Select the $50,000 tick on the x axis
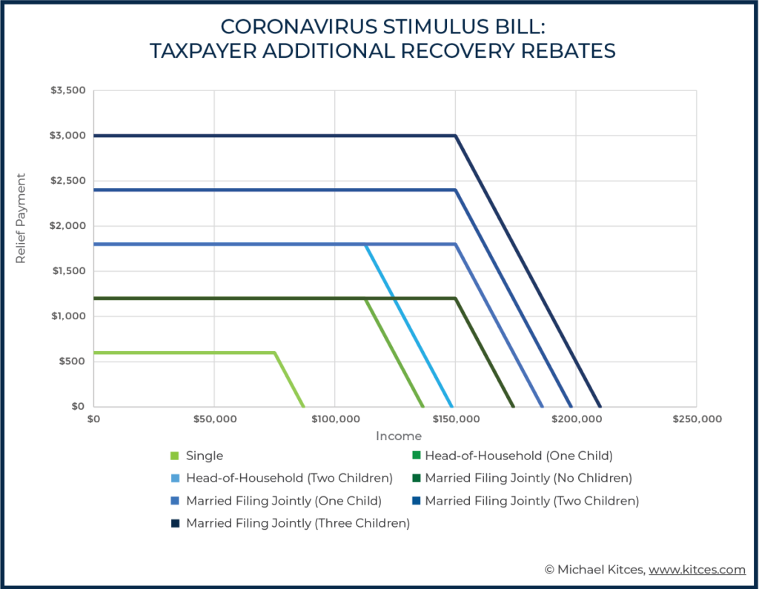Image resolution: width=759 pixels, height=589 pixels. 214,419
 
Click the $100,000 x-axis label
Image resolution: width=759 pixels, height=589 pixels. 335,419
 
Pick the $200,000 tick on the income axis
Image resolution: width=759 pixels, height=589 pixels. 577,419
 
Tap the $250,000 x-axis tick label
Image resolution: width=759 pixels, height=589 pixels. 697,419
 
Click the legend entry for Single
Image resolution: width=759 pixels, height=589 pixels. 205,456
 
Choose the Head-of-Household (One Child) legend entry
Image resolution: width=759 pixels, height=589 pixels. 518,455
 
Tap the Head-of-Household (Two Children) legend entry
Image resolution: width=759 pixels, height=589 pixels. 289,478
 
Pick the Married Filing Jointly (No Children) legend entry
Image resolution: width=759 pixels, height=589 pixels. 528,478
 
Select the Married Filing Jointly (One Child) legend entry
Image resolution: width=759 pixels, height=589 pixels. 283,501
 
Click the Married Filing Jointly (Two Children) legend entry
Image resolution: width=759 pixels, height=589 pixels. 531,501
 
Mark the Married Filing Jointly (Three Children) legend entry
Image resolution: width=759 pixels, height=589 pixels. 297,523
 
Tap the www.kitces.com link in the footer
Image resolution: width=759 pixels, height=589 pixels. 698,570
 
